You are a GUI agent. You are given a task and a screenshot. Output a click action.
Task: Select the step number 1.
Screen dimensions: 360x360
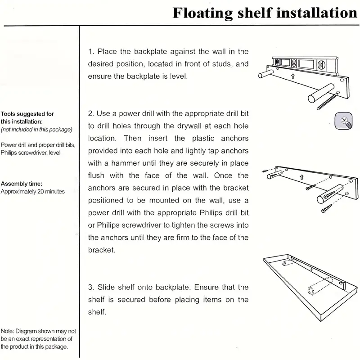90,52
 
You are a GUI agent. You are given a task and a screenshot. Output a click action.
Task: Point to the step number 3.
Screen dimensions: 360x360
90,287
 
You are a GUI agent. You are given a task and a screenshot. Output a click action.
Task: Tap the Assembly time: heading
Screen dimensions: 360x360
22,184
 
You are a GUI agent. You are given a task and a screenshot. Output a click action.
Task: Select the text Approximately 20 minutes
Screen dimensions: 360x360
32,191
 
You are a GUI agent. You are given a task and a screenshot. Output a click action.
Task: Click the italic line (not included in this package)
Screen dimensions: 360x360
36,130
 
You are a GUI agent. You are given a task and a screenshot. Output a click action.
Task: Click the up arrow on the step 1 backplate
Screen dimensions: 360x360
292,76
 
